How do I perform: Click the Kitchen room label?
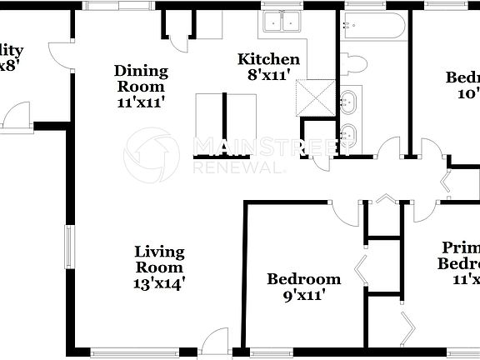pos(268,59)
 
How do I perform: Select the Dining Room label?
pos(140,78)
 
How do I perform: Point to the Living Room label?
pos(160,259)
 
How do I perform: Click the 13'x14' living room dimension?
pos(160,282)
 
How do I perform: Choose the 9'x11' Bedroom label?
pos(303,279)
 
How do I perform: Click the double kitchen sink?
pos(281,22)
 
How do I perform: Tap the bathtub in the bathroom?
pos(372,28)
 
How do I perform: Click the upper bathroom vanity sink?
pos(350,102)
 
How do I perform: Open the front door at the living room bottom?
pos(216,338)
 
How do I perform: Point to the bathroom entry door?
pos(388,151)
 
